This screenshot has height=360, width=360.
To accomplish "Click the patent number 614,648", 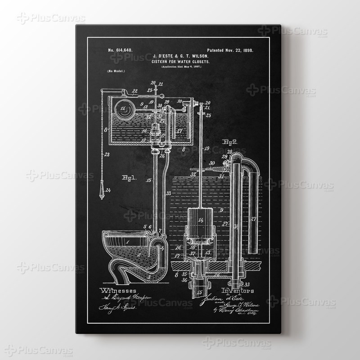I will point(120,51).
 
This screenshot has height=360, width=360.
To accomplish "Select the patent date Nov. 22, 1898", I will point(230,51).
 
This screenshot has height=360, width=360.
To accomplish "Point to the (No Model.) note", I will point(116,72).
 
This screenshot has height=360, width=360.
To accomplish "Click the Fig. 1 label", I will point(130,178).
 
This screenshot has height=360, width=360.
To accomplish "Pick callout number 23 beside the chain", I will point(107,154).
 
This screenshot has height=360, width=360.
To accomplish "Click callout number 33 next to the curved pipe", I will point(168,194).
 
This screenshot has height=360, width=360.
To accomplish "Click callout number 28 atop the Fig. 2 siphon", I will point(230,151).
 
